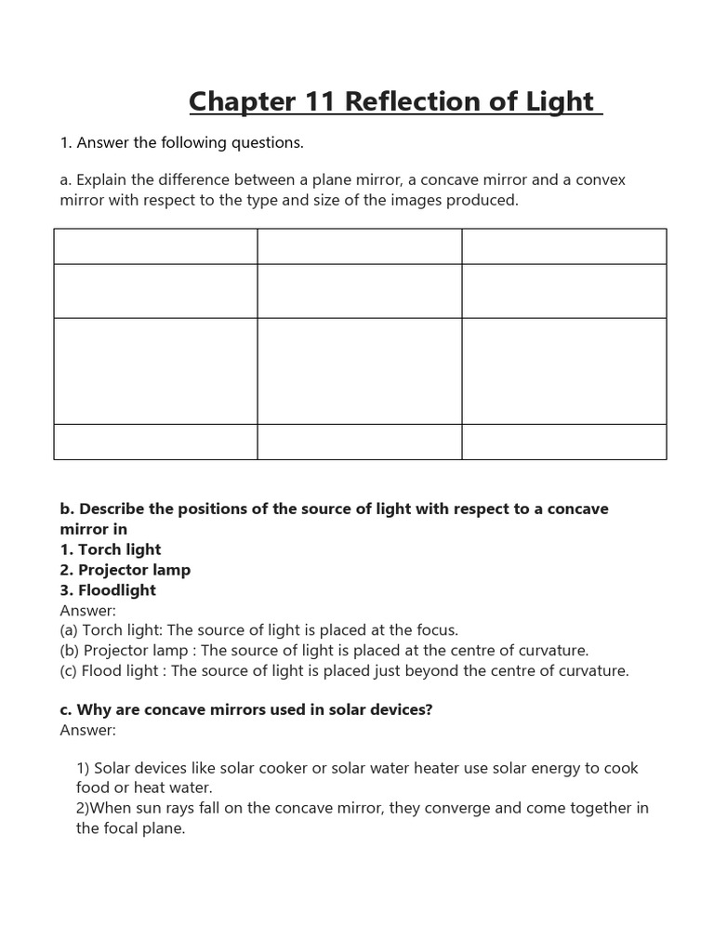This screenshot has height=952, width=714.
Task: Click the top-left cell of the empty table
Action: (155, 246)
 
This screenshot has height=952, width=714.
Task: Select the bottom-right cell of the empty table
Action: (563, 442)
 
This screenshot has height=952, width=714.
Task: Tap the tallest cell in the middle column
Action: (359, 371)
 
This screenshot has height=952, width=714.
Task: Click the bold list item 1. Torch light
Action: (111, 549)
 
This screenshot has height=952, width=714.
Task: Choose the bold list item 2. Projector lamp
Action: (126, 570)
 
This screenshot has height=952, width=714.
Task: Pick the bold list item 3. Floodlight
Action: (108, 590)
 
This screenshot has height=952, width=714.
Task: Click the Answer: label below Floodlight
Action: (88, 611)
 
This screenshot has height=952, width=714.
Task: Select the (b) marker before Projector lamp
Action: (70, 651)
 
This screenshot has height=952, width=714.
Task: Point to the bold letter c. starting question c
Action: (66, 710)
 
